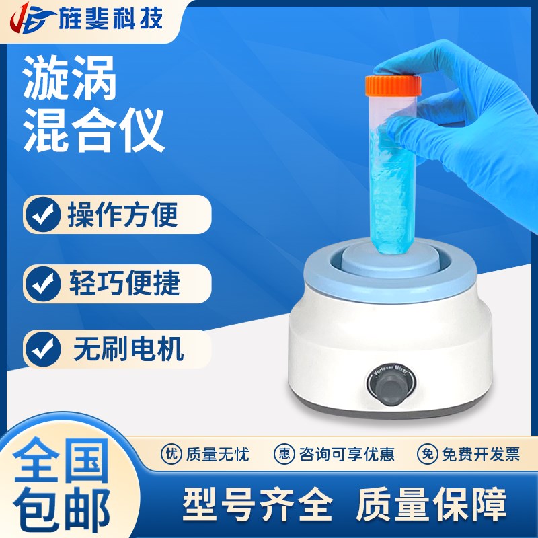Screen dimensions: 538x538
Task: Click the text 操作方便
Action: click(122, 215)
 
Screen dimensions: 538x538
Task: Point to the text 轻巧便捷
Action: click(123, 283)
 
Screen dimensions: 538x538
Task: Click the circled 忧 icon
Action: click(171, 454)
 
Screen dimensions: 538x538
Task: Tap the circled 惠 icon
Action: click(284, 454)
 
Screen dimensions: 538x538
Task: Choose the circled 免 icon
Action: click(427, 454)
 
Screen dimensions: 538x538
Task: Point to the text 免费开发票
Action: click(480, 454)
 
